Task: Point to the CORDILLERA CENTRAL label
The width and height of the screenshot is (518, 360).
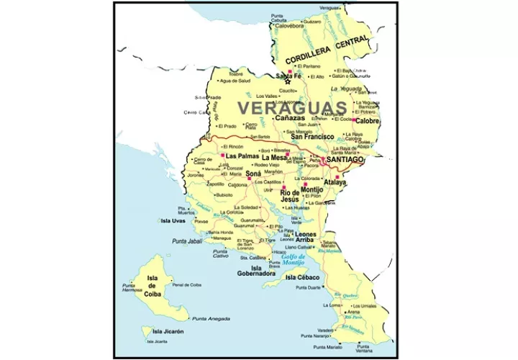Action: coord(327,50)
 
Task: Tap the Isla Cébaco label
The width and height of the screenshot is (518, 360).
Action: coord(303,277)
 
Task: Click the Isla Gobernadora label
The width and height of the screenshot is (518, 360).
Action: coord(256,271)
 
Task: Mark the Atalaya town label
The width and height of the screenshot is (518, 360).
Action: coord(334,183)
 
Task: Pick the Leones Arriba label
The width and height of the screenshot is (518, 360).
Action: coord(306,238)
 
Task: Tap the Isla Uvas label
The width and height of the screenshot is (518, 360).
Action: coord(173,221)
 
